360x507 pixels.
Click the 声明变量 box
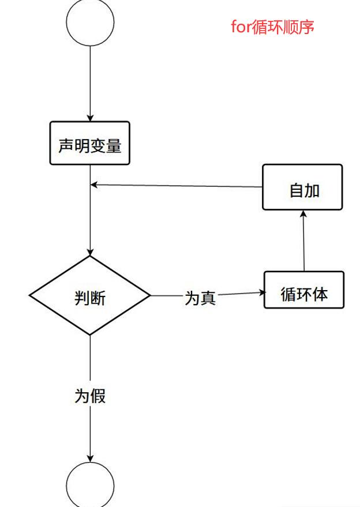[90, 143]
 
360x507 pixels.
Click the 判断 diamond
[90, 295]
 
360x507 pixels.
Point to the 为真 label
[200, 298]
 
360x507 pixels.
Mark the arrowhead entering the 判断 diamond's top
[90, 252]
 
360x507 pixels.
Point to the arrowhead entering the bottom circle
[90, 459]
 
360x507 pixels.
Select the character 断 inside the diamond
[98, 298]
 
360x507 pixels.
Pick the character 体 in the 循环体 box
[320, 294]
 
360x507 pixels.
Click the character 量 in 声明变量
[114, 145]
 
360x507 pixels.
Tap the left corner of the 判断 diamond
[31, 295]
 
